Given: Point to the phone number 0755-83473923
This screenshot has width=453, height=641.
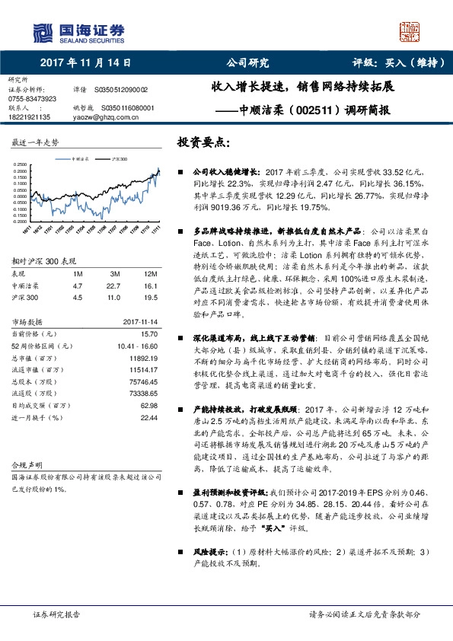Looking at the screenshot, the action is click(x=32, y=99).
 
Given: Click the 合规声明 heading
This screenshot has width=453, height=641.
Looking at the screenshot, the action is click(x=29, y=464).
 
